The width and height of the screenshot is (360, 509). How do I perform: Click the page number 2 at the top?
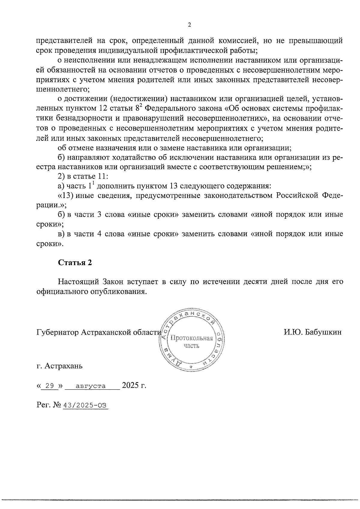coord(189,25)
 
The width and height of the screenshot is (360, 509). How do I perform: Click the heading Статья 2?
coord(75,263)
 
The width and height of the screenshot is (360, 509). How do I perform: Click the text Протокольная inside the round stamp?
coord(191,339)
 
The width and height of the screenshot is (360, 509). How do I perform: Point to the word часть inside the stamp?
coord(191,346)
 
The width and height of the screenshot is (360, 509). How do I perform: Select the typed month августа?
coord(91,386)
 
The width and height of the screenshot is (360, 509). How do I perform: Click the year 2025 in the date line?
coord(130,385)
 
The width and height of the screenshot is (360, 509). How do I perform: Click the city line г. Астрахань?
coord(59,366)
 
